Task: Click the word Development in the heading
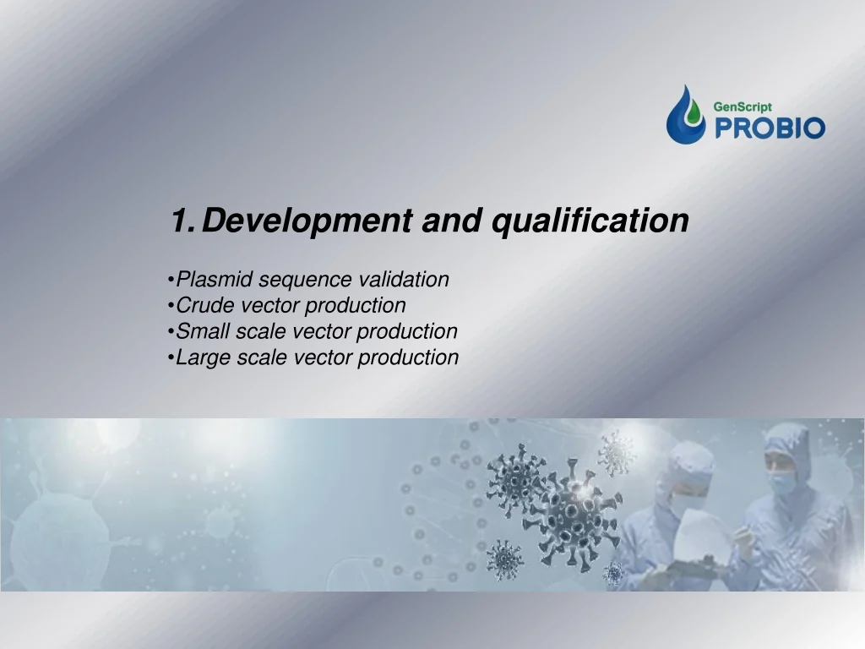point(307,221)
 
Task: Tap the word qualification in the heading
point(590,221)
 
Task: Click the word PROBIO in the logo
point(770,128)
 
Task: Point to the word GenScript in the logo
point(743,106)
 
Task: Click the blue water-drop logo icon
point(686,114)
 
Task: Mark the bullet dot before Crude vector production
point(171,305)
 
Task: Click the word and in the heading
point(451,221)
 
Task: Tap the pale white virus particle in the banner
point(616,453)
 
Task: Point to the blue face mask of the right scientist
point(783,483)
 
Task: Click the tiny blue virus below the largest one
point(613,574)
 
